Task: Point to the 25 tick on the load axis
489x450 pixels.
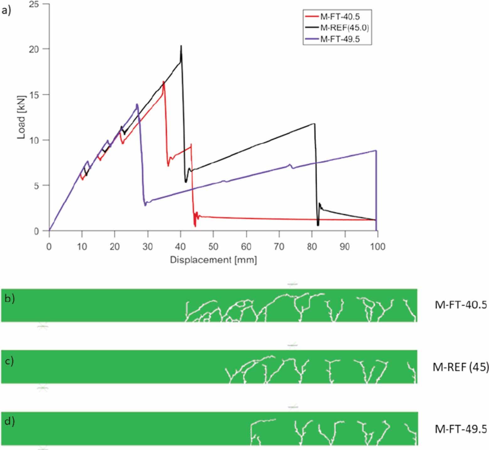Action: (x=34, y=4)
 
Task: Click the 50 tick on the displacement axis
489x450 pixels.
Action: (x=213, y=247)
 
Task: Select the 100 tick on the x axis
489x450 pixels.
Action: (x=378, y=247)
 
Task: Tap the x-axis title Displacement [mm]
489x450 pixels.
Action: (x=213, y=260)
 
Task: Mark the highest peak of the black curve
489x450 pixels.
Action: (x=181, y=46)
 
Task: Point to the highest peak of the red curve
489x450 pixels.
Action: (x=164, y=82)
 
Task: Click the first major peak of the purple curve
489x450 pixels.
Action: (x=137, y=104)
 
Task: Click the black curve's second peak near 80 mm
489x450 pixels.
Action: (x=314, y=124)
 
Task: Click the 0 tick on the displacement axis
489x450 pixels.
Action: (x=49, y=247)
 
